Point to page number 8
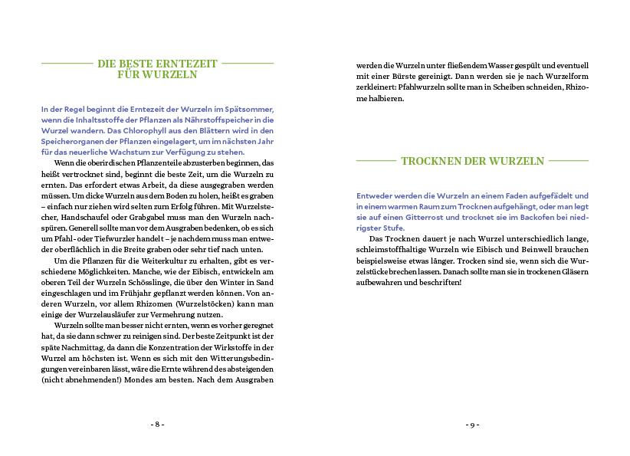157,424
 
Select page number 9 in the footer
472,424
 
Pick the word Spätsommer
248,110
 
